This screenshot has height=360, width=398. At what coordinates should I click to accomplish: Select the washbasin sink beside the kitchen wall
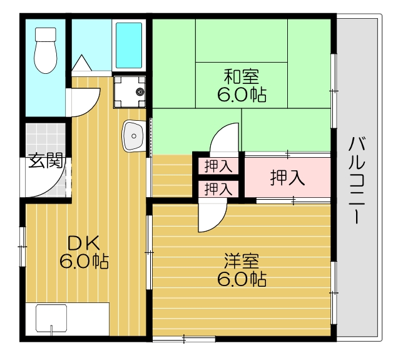point(133,135)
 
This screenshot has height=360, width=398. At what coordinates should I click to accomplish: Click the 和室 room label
point(241,77)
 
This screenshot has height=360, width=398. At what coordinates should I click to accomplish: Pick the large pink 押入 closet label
point(287,178)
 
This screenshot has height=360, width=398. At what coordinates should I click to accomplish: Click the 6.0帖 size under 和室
point(241,96)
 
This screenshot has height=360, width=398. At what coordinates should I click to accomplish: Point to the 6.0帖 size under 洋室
point(241,279)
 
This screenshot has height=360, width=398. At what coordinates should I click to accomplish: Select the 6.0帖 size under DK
point(84,261)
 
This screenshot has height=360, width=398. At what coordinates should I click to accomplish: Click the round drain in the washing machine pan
point(139,92)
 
